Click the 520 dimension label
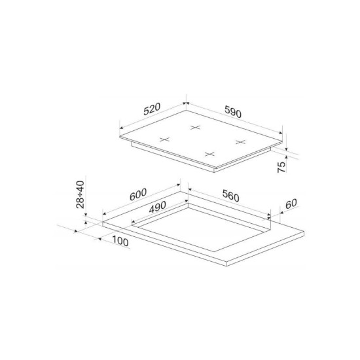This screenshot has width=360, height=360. [152, 109]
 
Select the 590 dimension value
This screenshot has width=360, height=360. [233, 111]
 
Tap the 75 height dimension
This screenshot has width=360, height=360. [281, 167]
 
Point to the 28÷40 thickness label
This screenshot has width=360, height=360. [80, 194]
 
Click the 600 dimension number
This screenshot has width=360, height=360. [138, 194]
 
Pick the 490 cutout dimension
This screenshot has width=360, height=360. [158, 207]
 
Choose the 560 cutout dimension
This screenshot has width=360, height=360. [231, 196]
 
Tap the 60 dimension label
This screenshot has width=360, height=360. [291, 204]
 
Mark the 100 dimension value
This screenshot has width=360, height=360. [120, 241]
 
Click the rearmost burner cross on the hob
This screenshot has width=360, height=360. [195, 127]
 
